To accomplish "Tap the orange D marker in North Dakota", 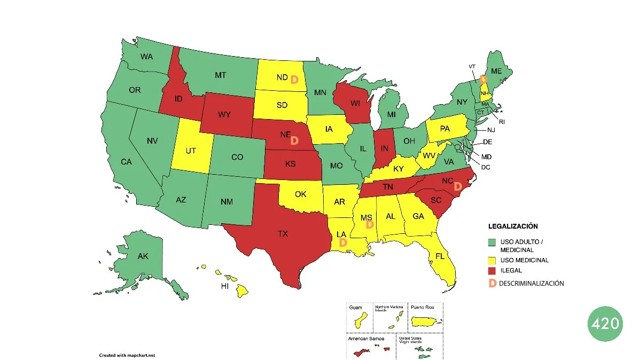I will point(294,80).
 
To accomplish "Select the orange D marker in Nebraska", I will point(294,140).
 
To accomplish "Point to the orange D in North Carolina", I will point(457,186).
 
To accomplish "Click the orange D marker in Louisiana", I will point(343,242).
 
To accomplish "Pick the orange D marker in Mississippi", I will point(369,225).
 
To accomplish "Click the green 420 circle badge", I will point(605,324).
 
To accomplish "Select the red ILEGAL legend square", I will point(492,271).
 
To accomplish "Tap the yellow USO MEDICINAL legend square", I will point(492,260).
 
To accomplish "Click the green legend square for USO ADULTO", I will point(492,242).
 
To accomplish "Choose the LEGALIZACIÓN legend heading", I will point(513,226).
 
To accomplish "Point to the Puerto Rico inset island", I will point(425,323).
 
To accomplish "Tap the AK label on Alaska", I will point(143,256).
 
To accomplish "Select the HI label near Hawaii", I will point(226,286).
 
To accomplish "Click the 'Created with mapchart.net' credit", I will point(127,355).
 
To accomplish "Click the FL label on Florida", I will point(440,256).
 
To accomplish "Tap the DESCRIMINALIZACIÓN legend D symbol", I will point(493,283).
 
